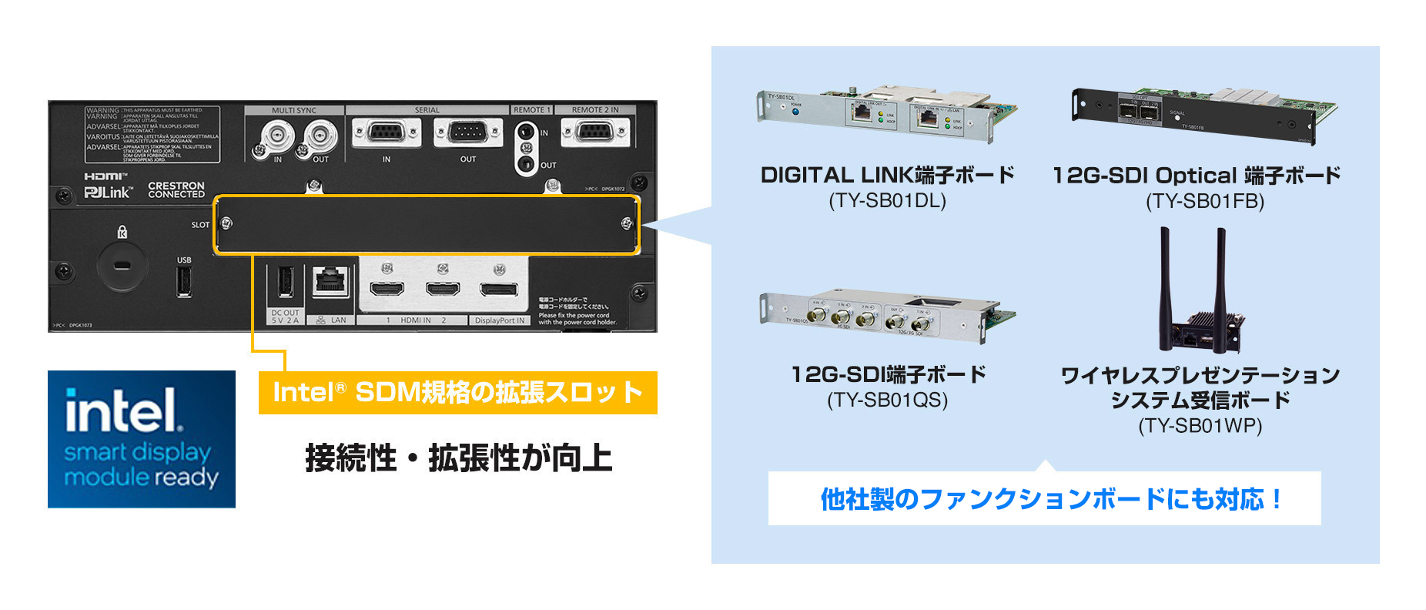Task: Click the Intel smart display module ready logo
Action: [x=141, y=439]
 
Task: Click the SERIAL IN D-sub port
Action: [x=387, y=133]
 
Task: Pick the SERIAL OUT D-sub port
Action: [x=467, y=133]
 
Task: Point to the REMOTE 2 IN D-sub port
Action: [x=594, y=132]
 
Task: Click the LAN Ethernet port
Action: [x=332, y=282]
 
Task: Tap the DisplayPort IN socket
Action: [x=499, y=290]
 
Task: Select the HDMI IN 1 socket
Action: [x=387, y=290]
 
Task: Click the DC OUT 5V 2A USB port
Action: [x=284, y=282]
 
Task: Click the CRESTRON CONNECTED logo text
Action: [x=176, y=190]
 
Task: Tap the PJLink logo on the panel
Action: [x=109, y=192]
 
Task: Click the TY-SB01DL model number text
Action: [x=887, y=201]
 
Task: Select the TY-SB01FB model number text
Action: [x=1205, y=202]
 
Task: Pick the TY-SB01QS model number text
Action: [x=887, y=401]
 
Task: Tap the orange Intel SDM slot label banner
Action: [x=457, y=393]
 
